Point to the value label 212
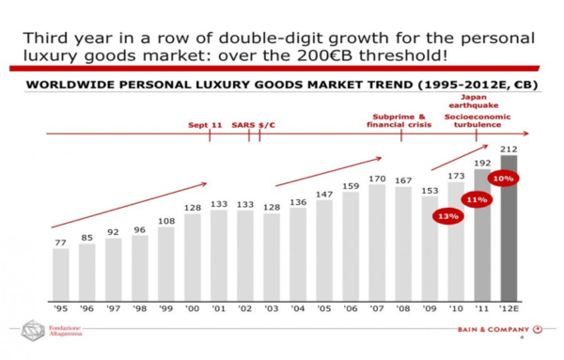click(x=509, y=148)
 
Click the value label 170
click(x=377, y=177)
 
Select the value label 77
click(x=61, y=242)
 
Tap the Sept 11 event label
click(x=204, y=124)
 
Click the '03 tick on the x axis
click(x=272, y=308)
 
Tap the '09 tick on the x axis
click(x=430, y=308)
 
